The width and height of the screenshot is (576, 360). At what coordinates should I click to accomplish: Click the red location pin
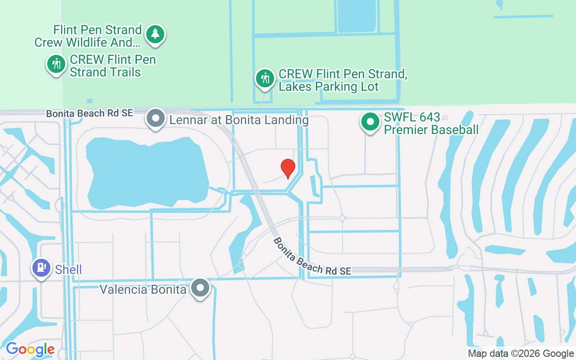(x=288, y=168)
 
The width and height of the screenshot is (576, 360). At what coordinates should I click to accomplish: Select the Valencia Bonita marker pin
(x=200, y=287)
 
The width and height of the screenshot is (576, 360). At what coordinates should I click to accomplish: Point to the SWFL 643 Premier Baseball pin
(x=370, y=121)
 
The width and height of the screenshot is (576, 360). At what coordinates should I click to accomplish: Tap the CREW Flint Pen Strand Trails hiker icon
(x=56, y=64)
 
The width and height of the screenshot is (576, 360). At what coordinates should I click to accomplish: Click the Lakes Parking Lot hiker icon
(x=265, y=78)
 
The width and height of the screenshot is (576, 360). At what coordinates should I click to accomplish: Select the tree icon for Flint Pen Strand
(x=155, y=33)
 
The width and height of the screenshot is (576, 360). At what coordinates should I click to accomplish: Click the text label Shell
(x=68, y=270)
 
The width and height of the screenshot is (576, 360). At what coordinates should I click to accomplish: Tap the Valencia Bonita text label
(x=143, y=289)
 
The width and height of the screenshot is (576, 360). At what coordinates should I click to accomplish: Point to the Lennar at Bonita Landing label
(x=239, y=120)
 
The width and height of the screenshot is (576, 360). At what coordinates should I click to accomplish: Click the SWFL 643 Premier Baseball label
(x=431, y=124)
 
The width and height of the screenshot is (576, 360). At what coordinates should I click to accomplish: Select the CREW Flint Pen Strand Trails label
(x=112, y=66)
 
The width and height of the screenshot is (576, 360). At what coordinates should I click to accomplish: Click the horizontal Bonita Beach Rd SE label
(x=90, y=113)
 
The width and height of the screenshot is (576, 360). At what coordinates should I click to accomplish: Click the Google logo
(x=30, y=349)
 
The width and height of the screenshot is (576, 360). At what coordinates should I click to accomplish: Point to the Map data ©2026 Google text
(x=521, y=354)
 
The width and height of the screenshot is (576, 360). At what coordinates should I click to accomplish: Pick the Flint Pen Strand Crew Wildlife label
(x=89, y=36)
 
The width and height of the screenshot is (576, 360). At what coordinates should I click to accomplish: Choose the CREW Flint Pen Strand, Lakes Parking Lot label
(x=343, y=80)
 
